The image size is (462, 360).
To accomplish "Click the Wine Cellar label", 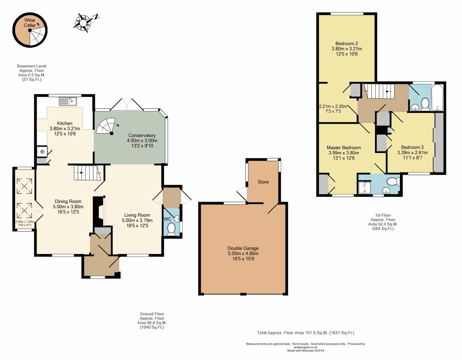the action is point(30,23).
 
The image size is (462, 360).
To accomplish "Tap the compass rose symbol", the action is point(84,23).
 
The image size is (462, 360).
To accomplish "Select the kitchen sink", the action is point(68,101).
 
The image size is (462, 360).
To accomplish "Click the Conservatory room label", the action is point(142,135).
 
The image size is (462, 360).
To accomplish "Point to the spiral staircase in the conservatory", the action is point(106,126).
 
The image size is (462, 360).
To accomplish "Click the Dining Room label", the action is point(68,201).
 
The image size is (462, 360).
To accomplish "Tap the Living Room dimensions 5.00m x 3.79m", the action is point(137,220).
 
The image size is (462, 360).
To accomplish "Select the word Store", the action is point(263,182).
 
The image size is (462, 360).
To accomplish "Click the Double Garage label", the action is point(243,248).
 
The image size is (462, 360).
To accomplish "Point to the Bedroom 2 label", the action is point(346,43).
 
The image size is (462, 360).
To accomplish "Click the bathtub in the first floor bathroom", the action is point(437,97).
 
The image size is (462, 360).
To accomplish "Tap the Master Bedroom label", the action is point(343,147).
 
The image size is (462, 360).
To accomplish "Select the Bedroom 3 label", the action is point(412,147).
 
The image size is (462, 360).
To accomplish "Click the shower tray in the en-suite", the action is point(365,187).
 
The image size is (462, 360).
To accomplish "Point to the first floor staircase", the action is point(380,91).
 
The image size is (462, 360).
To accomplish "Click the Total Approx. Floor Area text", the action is point(305,333).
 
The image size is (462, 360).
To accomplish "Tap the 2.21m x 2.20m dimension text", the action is point(333,106).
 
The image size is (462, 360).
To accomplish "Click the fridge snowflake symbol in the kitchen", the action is point(42,152).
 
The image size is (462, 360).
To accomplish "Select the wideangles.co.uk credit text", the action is point(305,347).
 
